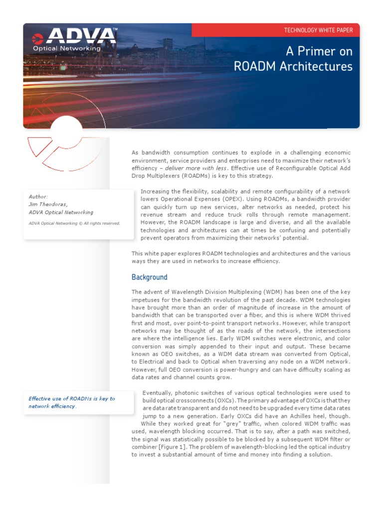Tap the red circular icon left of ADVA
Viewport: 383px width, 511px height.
pos(37,38)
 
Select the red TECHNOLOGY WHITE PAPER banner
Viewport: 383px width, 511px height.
pos(318,30)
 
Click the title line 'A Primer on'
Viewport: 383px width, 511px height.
pos(319,51)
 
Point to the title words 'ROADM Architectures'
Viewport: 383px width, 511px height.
pos(293,66)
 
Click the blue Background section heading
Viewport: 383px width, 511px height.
pos(149,277)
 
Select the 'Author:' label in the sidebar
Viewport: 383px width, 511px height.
pos(38,197)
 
